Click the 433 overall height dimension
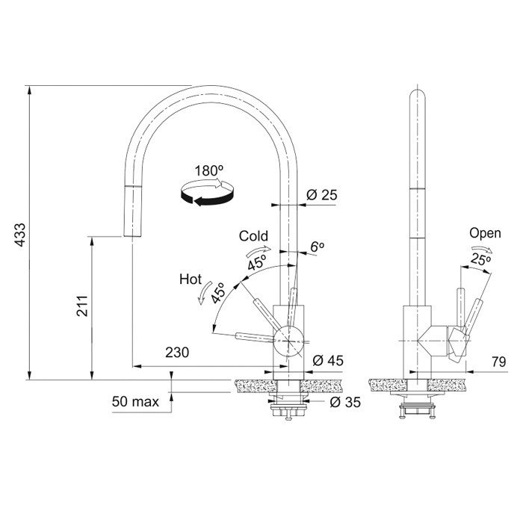tap(21, 235)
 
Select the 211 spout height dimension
tap(82, 306)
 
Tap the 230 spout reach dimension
tap(177, 352)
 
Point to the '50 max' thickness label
tap(135, 402)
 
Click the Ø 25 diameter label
tap(322, 195)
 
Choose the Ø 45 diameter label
tap(328, 360)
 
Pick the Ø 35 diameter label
tap(345, 402)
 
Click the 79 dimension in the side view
tap(498, 362)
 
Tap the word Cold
tap(253, 236)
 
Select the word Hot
tap(191, 279)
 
